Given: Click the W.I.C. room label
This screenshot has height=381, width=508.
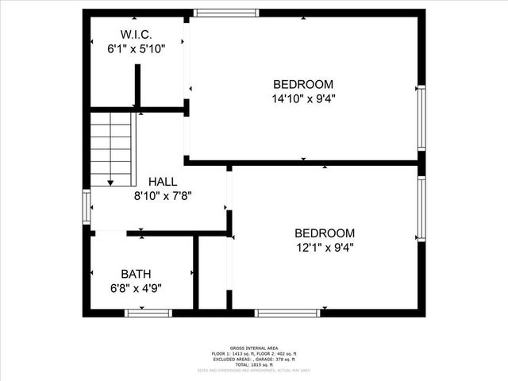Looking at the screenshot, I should click(x=136, y=34).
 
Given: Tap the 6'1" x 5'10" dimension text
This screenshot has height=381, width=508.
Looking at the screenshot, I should click(x=136, y=48).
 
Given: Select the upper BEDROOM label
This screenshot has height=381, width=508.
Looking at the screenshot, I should click(x=303, y=85).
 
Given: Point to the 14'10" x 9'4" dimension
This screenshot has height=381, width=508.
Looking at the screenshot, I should click(x=303, y=99).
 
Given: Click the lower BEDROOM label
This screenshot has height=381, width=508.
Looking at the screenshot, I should click(x=324, y=233).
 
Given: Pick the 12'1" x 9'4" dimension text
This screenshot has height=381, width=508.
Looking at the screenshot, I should click(x=324, y=247).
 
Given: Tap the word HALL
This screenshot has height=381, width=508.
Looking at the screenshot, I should click(x=162, y=182).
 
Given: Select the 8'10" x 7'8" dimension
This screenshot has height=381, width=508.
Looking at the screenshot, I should click(x=162, y=195).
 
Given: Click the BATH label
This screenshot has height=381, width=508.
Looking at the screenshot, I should click(x=137, y=274).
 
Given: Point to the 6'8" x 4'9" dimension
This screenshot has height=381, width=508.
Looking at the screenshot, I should click(x=137, y=288).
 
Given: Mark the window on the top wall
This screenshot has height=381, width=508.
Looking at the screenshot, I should click(x=226, y=13).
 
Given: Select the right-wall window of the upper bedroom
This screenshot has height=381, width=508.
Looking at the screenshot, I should click(x=421, y=117).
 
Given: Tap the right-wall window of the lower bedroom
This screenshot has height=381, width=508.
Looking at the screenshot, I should click(x=421, y=208).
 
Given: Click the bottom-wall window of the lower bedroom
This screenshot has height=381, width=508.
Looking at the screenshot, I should click(x=287, y=313).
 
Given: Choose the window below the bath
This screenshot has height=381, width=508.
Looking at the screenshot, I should click(x=148, y=313).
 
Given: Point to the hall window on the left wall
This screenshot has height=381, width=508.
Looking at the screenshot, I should click(x=87, y=206).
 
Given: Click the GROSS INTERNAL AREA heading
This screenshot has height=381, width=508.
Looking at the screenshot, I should click(x=253, y=348).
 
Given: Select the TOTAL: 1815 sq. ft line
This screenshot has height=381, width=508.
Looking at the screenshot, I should click(x=253, y=364).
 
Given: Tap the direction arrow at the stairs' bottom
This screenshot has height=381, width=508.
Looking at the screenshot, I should click(x=111, y=183).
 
